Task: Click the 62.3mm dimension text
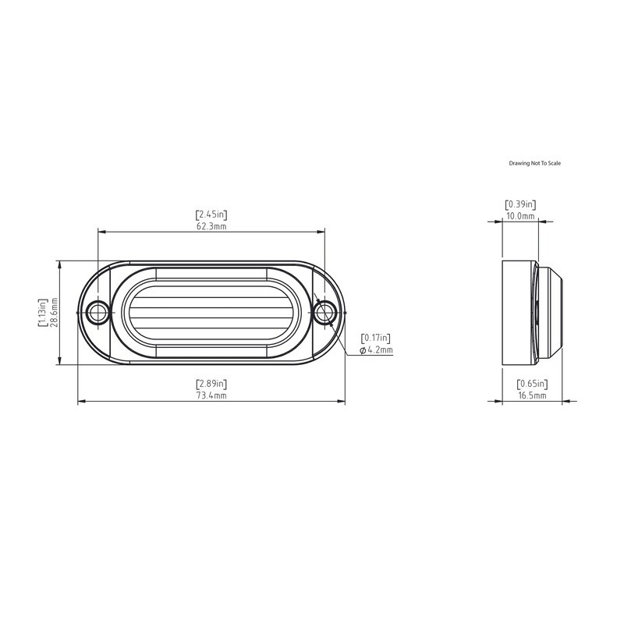pos(211,226)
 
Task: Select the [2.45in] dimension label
pos(211,214)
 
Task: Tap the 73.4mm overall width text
pos(211,396)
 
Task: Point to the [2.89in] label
pos(211,384)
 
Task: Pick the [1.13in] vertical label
pos(43,312)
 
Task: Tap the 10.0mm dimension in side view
pos(520,216)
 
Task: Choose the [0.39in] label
pos(520,204)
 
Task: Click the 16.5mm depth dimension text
pos(532,396)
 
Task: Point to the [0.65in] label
pos(532,384)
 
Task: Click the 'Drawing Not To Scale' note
pos(535,163)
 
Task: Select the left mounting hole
pos(97,313)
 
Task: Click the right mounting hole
pos(324,313)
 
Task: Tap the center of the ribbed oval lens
pos(211,313)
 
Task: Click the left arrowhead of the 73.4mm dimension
pos(80,402)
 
